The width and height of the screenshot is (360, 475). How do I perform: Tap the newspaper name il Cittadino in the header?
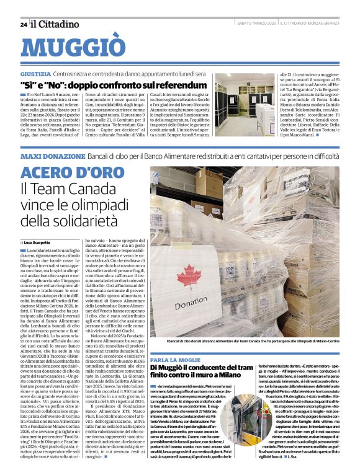(x=55, y=24)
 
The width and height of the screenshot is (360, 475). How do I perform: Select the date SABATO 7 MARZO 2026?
(x=256, y=24)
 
